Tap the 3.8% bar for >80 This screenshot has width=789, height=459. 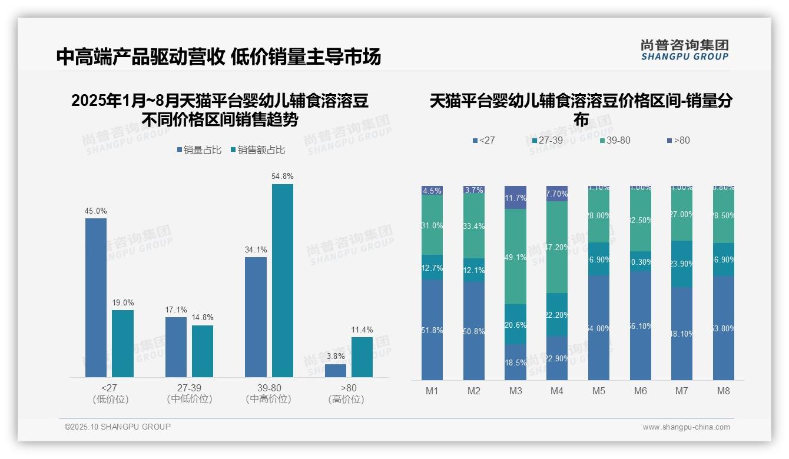point(336,371)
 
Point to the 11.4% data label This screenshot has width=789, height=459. point(362,330)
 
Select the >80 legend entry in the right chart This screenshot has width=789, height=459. point(678,141)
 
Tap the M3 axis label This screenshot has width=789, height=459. point(515,391)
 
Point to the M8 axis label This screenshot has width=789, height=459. point(724,391)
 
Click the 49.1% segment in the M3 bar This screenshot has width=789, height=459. point(515,257)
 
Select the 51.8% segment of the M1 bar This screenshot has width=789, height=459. point(432,330)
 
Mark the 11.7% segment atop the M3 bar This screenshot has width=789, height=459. point(515,198)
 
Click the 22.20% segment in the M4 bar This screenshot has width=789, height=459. point(557,315)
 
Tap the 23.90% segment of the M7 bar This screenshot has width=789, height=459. point(682,264)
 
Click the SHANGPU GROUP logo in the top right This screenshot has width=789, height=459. point(684,49)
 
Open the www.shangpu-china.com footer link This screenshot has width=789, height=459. point(686,427)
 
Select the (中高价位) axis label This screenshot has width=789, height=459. point(268,399)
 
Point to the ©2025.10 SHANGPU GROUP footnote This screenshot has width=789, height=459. point(118,427)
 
